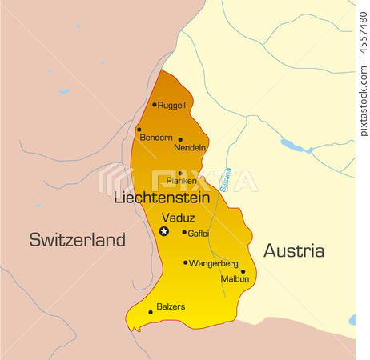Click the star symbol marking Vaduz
pyautogui.click(x=164, y=231)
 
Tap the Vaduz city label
pyautogui.click(x=177, y=217)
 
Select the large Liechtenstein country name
pyautogui.click(x=162, y=197)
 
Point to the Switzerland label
pyautogui.click(x=78, y=239)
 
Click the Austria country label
pyautogui.click(x=294, y=250)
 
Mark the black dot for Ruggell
pyautogui.click(x=155, y=104)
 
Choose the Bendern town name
pyautogui.click(x=156, y=138)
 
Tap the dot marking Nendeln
pyautogui.click(x=179, y=139)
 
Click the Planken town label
pyautogui.click(x=181, y=181)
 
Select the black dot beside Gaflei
pyautogui.click(x=184, y=233)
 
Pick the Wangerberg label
pyautogui.click(x=214, y=263)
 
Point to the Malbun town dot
pyautogui.click(x=243, y=271)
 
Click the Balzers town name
pyautogui.click(x=171, y=306)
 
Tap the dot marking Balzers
pyautogui.click(x=151, y=312)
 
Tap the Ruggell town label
pyautogui.click(x=171, y=105)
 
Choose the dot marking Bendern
pyautogui.click(x=139, y=129)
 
